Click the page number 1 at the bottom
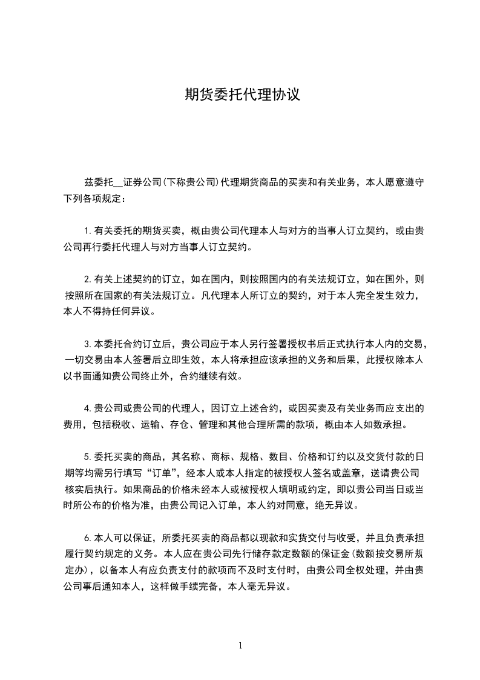point(240,645)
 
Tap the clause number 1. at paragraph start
point(88,231)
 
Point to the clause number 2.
point(88,280)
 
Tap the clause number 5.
point(88,456)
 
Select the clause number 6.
point(88,538)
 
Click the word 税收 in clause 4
point(122,424)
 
